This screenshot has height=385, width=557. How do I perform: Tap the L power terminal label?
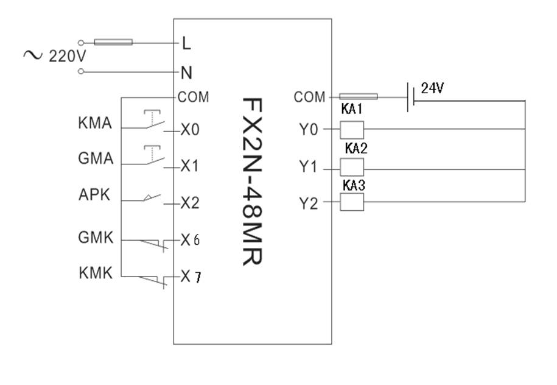[187, 43]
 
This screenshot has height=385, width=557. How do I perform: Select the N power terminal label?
[187, 72]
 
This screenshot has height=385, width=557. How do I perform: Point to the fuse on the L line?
[114, 43]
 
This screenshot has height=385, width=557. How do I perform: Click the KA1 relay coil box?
[351, 129]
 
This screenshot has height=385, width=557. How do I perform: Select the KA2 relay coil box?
[351, 167]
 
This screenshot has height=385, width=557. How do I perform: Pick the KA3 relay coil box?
[351, 202]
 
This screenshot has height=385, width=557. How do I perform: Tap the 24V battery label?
[432, 88]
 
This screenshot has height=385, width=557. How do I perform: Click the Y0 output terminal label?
[309, 130]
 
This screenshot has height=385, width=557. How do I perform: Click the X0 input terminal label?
[190, 130]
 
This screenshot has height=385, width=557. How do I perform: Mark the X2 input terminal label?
[190, 203]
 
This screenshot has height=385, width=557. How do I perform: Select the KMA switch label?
[96, 124]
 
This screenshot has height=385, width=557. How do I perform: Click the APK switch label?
[95, 195]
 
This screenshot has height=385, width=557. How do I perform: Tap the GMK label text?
[96, 238]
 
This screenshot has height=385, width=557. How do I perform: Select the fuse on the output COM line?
[358, 96]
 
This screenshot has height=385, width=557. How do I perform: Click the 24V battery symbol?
[411, 96]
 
